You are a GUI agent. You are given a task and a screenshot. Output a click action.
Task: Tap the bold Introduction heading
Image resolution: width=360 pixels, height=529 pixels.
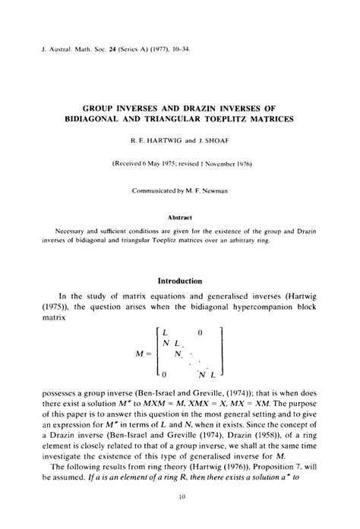179,281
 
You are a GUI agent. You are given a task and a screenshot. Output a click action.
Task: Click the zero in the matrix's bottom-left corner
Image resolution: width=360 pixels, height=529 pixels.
164,373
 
